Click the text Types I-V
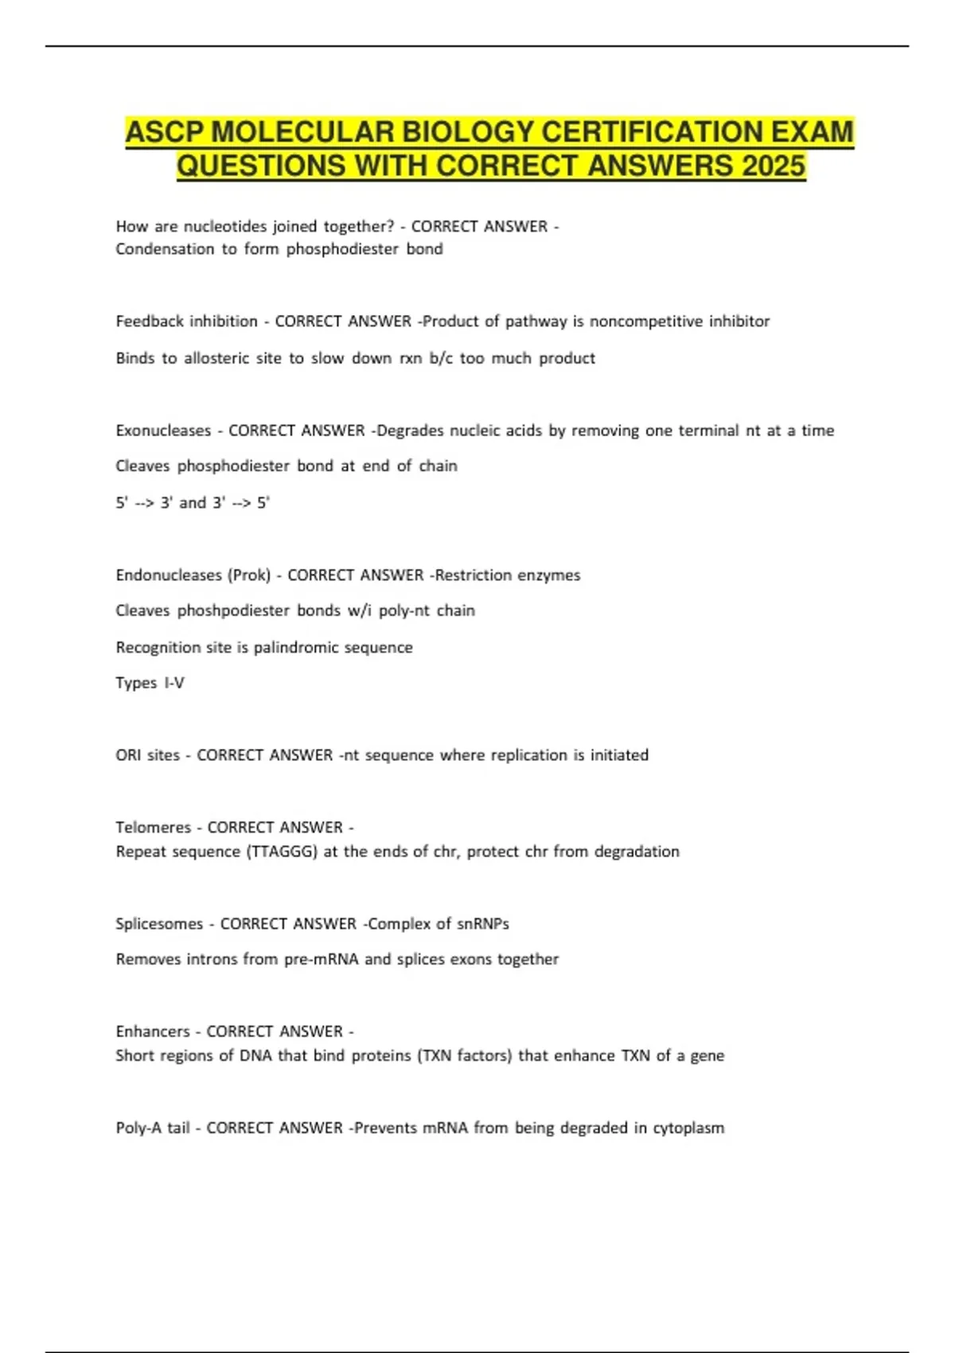click(150, 683)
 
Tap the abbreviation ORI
click(128, 755)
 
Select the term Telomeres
click(153, 828)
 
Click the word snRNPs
click(484, 924)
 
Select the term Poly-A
click(140, 1128)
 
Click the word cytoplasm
click(688, 1128)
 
